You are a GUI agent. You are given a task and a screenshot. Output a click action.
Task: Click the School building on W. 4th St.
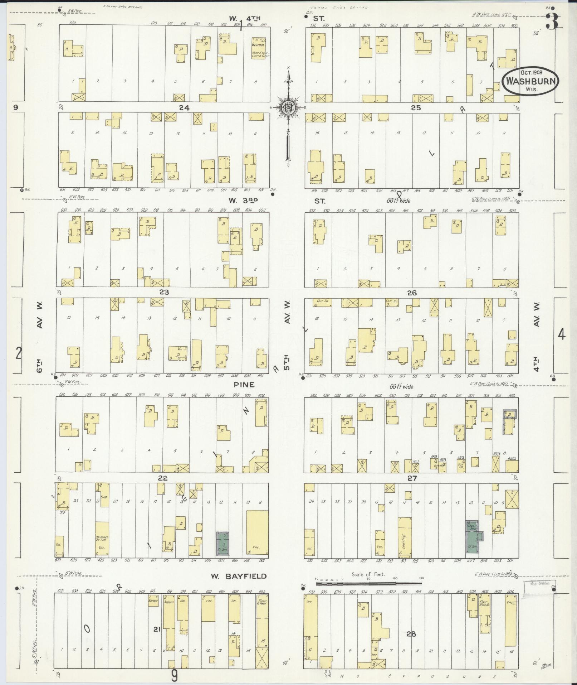(x=258, y=47)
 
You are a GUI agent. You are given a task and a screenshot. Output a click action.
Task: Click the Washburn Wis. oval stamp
(x=530, y=82)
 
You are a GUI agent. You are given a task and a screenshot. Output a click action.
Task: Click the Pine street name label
(x=244, y=385)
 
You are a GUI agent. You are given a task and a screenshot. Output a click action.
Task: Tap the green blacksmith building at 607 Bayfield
(x=224, y=543)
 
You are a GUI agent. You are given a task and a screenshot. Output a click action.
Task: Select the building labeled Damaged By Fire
(x=102, y=539)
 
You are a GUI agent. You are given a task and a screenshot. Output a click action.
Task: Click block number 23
(x=164, y=292)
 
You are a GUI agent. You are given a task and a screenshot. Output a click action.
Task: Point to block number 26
(x=412, y=293)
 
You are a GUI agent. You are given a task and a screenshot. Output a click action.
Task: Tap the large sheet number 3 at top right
(x=552, y=21)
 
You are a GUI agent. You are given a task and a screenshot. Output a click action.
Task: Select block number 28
(x=411, y=634)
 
